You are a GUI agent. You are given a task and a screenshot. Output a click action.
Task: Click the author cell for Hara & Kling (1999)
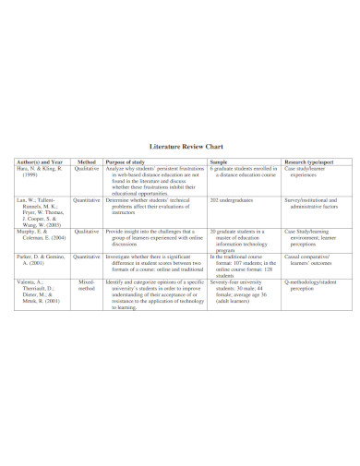(x=38, y=173)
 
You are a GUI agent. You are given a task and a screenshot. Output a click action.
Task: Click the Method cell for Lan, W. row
(x=86, y=199)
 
